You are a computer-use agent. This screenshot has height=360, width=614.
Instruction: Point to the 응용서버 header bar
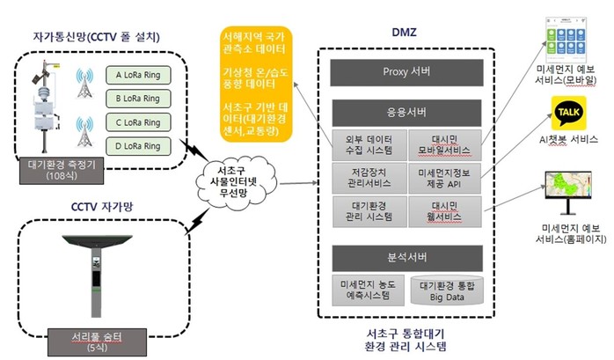pyautogui.click(x=406, y=113)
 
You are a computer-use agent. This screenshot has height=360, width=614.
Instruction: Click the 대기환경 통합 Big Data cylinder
pyautogui.click(x=447, y=291)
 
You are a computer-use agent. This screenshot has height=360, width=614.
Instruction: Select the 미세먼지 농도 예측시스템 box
pyautogui.click(x=369, y=291)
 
